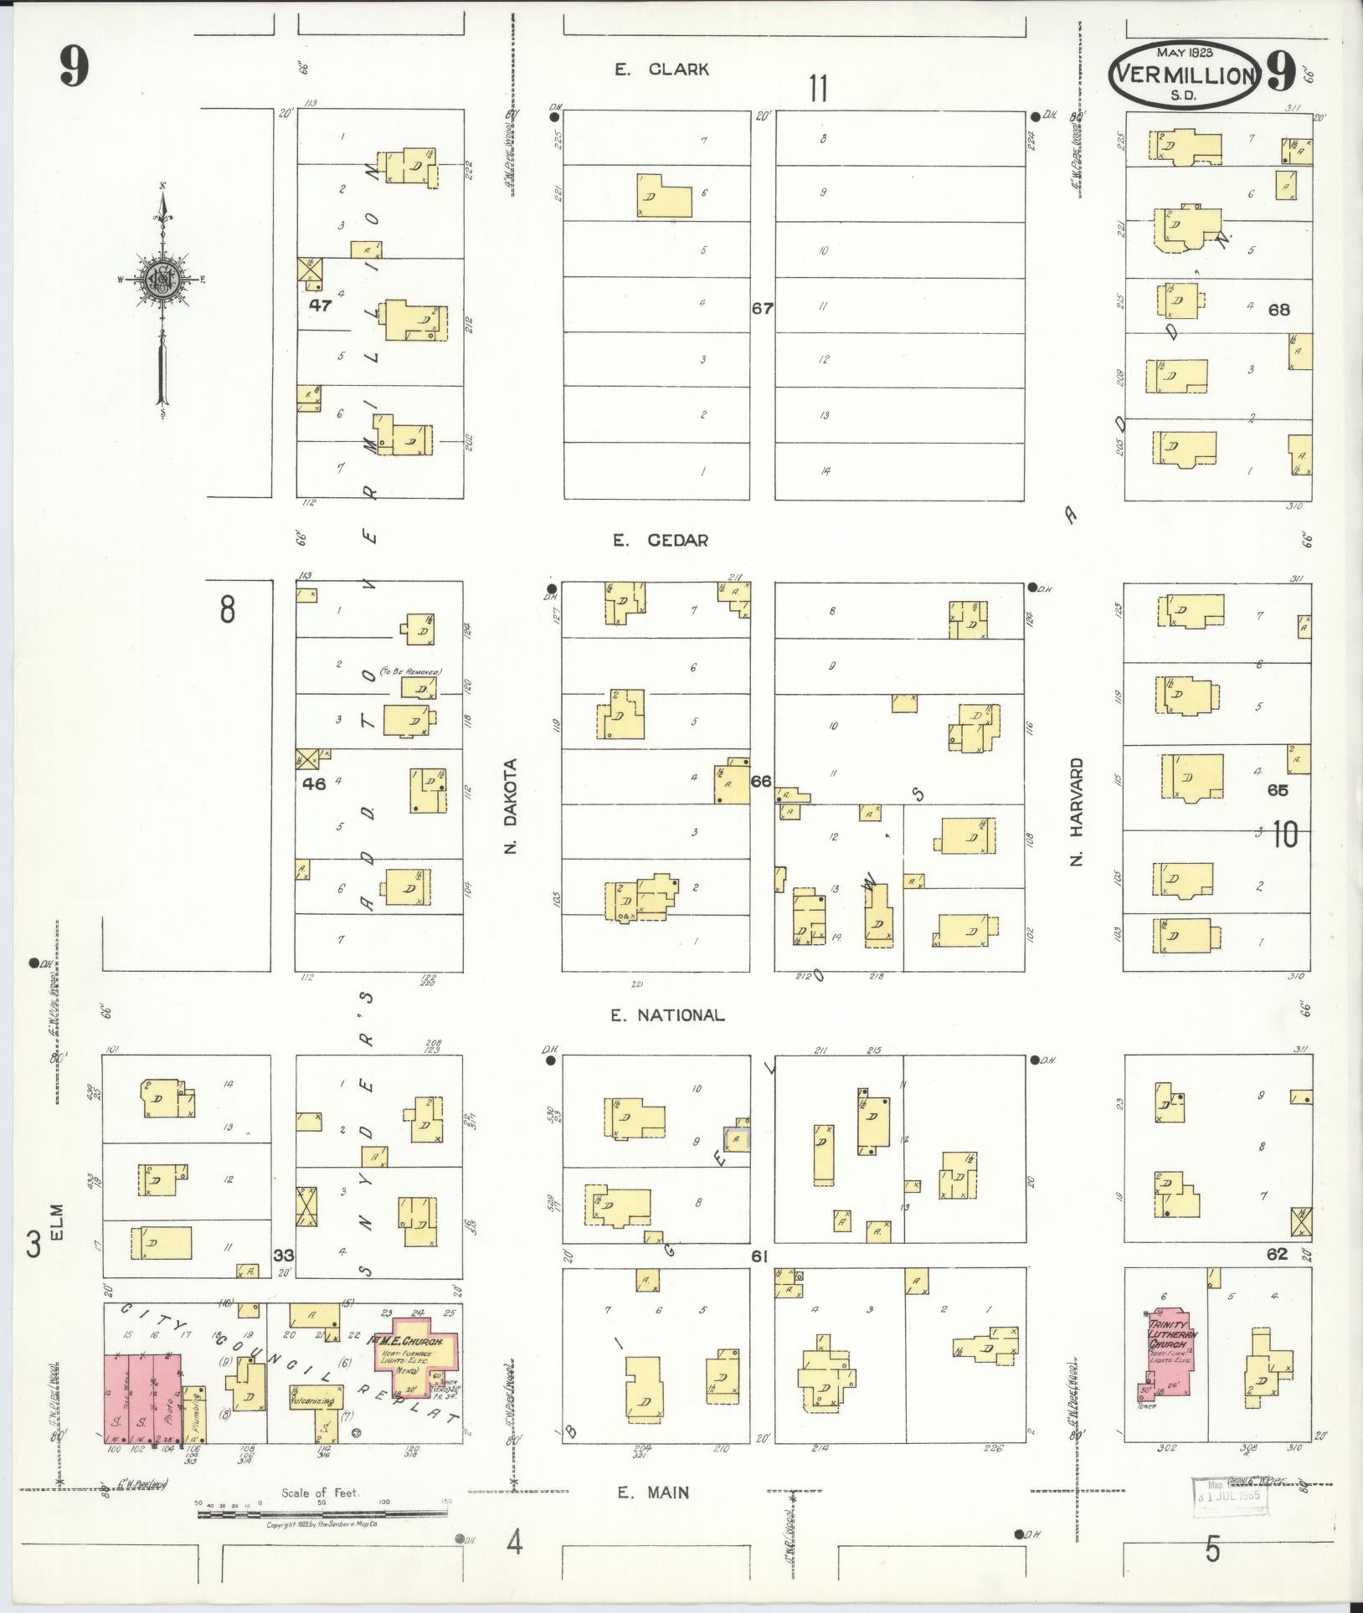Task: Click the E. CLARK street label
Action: (661, 69)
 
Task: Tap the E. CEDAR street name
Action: (660, 541)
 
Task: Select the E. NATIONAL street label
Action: (666, 1015)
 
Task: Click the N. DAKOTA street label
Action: (512, 806)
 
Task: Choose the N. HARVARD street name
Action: (1078, 811)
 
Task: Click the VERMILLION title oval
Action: (1184, 76)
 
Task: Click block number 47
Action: (320, 306)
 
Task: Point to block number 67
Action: (762, 308)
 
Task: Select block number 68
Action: (1278, 310)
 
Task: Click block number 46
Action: (315, 784)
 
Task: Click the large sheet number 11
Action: (818, 87)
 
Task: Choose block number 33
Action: (284, 1255)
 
